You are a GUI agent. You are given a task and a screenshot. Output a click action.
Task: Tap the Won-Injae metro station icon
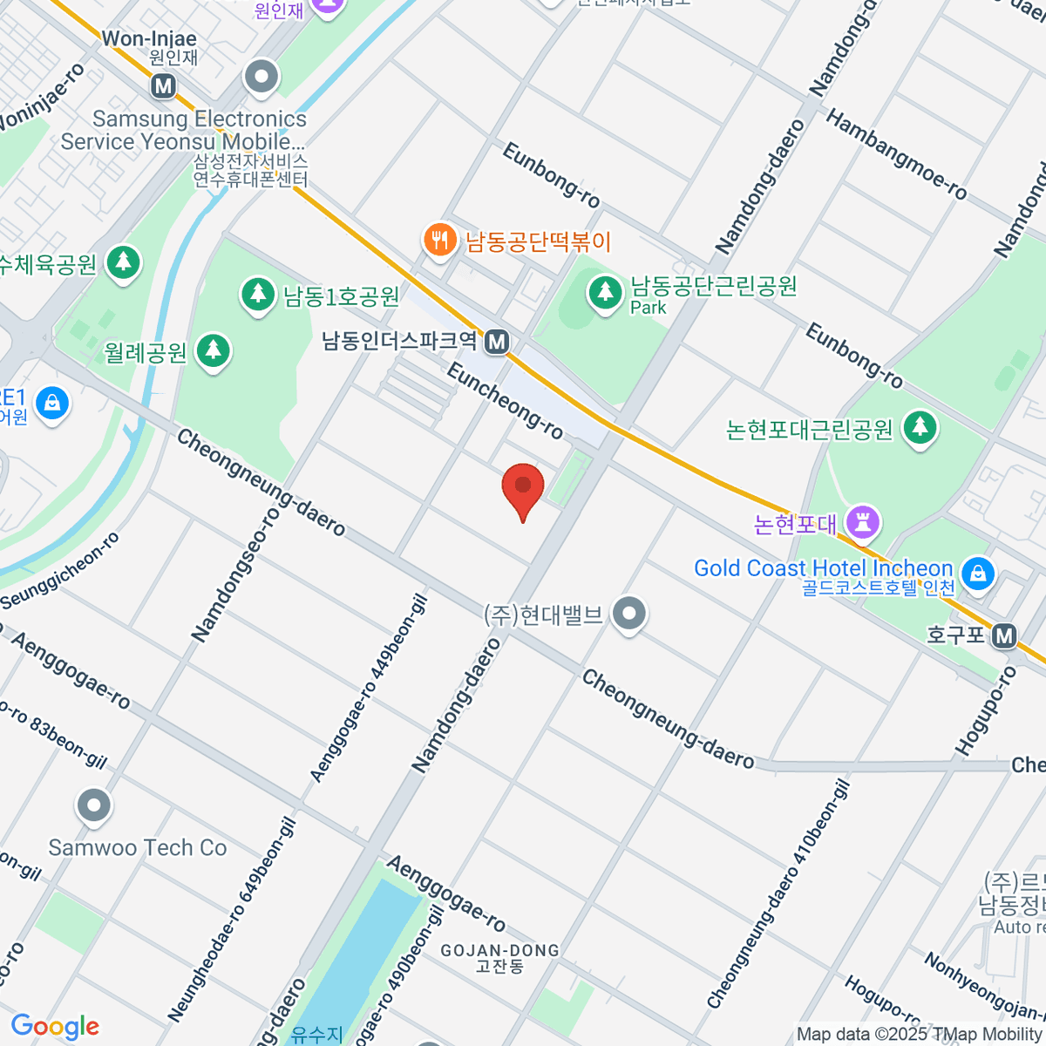click(x=163, y=85)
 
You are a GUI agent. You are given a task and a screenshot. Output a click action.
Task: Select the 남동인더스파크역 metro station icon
click(x=497, y=342)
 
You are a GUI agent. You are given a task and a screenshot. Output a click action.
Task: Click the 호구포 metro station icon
click(x=1005, y=635)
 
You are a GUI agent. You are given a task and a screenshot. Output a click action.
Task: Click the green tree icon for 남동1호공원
click(x=257, y=294)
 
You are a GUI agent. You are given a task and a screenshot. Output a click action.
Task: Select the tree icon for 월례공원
click(x=213, y=351)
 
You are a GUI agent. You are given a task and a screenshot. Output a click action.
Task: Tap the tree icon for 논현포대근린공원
click(x=920, y=427)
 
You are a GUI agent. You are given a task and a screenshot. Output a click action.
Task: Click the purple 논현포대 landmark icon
click(x=862, y=522)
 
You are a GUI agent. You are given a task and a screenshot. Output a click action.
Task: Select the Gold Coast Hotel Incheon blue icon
click(x=978, y=573)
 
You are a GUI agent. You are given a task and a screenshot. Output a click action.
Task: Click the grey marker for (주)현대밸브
click(x=628, y=614)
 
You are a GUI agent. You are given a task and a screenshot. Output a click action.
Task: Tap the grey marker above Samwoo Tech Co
click(x=93, y=806)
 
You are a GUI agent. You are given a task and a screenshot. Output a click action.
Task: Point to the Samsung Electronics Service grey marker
click(x=261, y=78)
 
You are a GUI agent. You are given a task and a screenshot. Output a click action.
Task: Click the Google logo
click(x=55, y=1027)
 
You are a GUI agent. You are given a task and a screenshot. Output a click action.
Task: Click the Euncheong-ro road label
click(x=505, y=401)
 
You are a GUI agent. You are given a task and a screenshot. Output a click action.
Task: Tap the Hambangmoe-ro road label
click(x=896, y=154)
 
